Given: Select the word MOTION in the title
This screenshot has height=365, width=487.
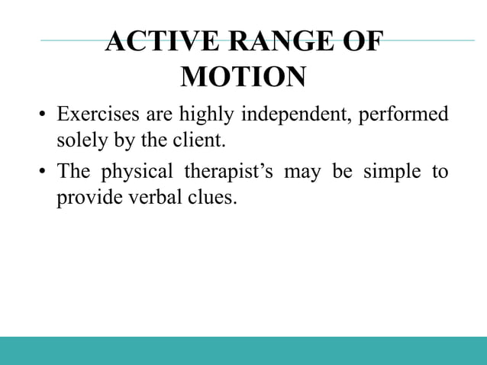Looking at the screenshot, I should pos(243,77).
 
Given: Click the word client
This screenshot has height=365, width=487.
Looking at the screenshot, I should pos(207,141).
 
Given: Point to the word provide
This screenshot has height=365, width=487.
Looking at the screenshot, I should pos(83,196).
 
